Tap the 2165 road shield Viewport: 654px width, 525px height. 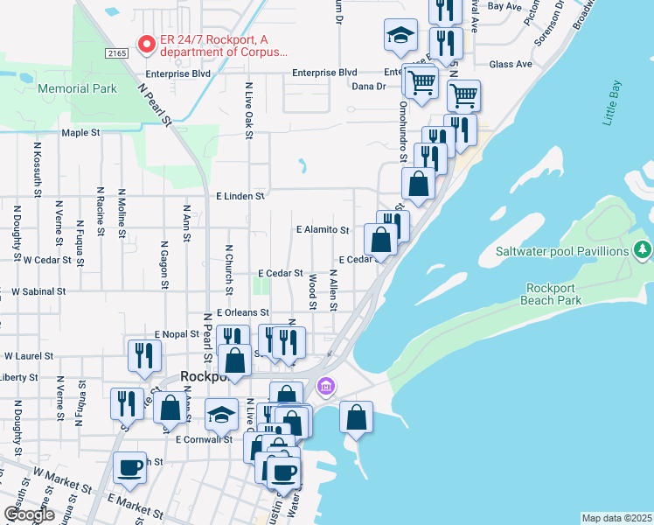[x=116, y=54]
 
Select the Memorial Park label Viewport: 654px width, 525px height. [x=77, y=88]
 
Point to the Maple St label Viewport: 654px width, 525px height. [x=81, y=133]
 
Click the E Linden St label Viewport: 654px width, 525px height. [x=240, y=197]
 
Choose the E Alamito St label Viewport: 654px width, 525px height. [x=323, y=230]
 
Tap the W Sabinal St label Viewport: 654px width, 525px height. [x=33, y=291]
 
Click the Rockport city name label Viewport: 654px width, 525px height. [x=204, y=377]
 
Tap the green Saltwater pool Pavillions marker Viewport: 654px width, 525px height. [x=644, y=251]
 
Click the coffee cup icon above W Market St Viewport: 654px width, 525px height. [x=129, y=467]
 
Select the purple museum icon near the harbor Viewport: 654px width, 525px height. [x=326, y=385]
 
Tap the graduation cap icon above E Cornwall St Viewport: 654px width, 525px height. [x=221, y=414]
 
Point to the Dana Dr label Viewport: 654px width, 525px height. [x=368, y=87]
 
